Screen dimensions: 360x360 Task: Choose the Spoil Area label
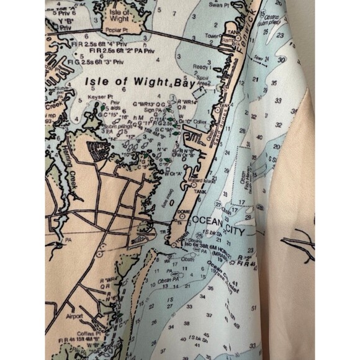point(209,81)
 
